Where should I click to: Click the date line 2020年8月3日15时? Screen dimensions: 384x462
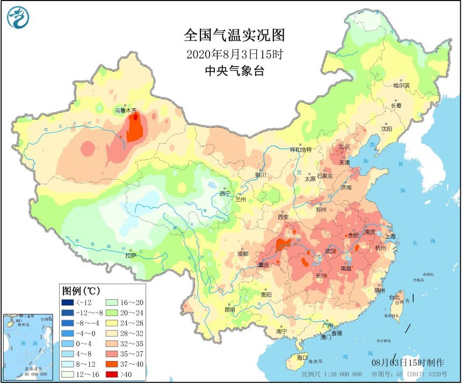tap(234, 55)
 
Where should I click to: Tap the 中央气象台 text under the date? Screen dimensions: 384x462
tap(234, 71)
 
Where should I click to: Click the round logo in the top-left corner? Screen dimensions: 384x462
tap(17, 17)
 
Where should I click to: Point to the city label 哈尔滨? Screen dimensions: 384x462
tap(401, 85)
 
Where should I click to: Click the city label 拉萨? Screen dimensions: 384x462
tap(131, 255)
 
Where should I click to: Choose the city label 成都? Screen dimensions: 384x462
tap(243, 254)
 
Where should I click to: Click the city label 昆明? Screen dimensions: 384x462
tap(229, 309)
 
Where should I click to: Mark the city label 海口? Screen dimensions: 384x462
tap(302, 357)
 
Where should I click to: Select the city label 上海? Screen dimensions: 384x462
tap(390, 236)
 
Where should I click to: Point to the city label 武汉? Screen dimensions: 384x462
tap(330, 251)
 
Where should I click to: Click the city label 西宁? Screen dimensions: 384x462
tap(225, 194)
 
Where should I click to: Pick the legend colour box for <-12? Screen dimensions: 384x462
tap(68, 302)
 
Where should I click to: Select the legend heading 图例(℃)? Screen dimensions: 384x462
tap(81, 291)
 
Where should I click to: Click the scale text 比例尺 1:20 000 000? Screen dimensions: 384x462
tap(327, 373)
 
